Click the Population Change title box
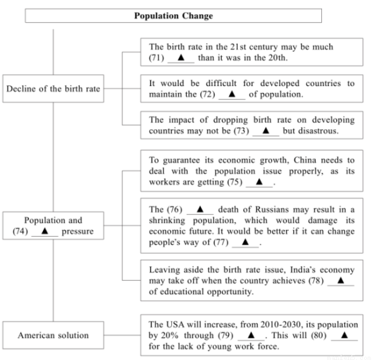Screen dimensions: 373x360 (173, 15)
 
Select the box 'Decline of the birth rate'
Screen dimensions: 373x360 (53, 89)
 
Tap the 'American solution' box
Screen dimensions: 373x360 (53, 335)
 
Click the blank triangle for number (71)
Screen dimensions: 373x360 (181, 57)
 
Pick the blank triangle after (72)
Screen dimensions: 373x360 (232, 94)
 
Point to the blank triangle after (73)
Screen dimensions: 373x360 (265, 131)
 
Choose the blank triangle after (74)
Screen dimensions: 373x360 (45, 231)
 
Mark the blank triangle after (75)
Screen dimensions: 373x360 (259, 182)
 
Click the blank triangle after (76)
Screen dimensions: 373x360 (200, 209)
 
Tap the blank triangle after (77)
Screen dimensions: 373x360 (245, 242)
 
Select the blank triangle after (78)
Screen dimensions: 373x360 (341, 280)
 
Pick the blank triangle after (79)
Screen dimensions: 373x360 (251, 335)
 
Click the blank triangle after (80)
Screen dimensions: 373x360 (345, 335)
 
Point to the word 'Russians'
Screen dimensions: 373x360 (272, 209)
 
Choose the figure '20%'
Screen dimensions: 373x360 (170, 336)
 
